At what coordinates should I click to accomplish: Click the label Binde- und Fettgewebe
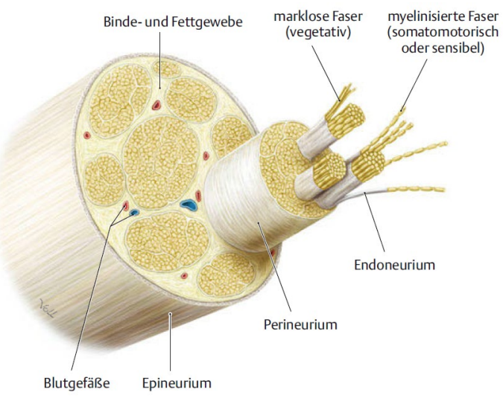point(173,22)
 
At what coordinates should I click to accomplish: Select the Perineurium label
point(301,324)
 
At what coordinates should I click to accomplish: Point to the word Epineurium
point(177,384)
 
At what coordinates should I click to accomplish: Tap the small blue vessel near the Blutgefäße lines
point(135,213)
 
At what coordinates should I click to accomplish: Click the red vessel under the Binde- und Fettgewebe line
point(156,103)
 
